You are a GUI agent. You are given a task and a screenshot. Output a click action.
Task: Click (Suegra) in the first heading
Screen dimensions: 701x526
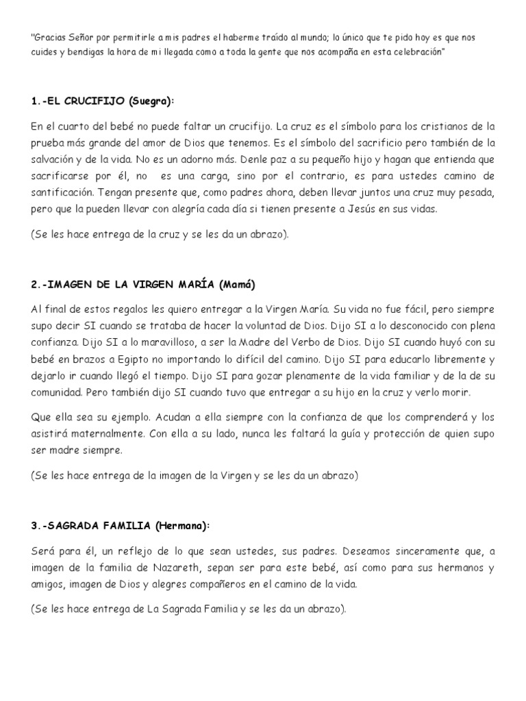(x=151, y=101)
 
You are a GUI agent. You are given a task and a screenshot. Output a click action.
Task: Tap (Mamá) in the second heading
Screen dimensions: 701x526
(x=240, y=283)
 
